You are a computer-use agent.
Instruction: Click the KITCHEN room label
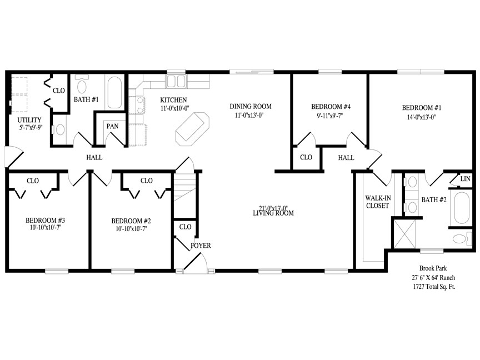click(173, 100)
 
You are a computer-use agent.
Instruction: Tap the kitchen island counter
click(192, 127)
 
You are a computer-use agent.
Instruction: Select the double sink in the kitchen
click(176, 82)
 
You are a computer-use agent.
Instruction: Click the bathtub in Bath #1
click(114, 92)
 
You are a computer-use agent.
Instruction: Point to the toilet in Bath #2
click(462, 239)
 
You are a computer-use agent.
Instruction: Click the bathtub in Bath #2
click(462, 208)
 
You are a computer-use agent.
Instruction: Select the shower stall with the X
click(404, 233)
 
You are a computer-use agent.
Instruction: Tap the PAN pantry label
click(112, 126)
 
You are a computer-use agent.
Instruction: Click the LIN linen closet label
click(465, 178)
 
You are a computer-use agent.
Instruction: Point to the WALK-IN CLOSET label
click(378, 202)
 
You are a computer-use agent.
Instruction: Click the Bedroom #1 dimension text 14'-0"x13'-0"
click(421, 117)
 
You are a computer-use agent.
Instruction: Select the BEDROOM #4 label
click(331, 107)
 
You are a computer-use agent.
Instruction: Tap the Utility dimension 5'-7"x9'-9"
click(31, 127)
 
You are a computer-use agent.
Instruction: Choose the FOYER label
click(201, 246)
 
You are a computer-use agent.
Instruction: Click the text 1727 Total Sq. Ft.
click(434, 287)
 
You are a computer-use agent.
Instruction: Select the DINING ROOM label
click(251, 107)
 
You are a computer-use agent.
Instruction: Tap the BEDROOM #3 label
click(46, 221)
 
